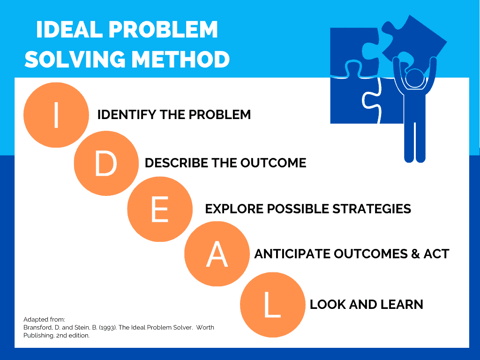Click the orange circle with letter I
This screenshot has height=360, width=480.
(x=56, y=115)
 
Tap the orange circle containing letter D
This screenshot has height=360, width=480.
(x=106, y=163)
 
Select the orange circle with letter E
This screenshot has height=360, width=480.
(x=160, y=209)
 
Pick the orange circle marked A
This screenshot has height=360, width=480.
(x=217, y=254)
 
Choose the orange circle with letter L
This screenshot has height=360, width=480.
(x=273, y=305)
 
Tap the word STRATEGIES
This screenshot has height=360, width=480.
(x=372, y=209)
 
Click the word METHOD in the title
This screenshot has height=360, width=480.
(x=180, y=59)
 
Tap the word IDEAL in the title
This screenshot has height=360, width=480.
(x=69, y=30)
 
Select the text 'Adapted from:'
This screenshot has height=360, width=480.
(x=44, y=320)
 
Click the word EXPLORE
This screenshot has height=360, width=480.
(x=234, y=209)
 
